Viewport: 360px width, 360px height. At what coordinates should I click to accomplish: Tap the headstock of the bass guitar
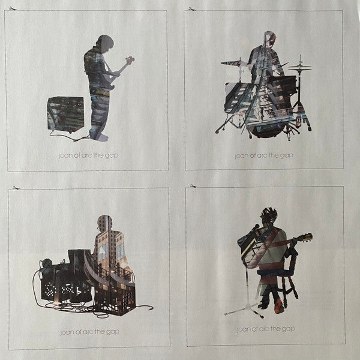point(130,59)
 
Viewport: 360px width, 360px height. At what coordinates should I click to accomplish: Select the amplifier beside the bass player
point(65,114)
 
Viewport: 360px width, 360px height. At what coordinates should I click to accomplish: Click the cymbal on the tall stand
point(299,67)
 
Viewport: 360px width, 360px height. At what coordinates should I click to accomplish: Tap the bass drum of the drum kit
point(268,130)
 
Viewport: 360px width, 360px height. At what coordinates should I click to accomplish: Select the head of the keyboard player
point(104,223)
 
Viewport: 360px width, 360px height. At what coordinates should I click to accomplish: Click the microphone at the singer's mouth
point(256,227)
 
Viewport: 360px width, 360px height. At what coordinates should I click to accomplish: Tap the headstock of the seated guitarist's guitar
point(307,237)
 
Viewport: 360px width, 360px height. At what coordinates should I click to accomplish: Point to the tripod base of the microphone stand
point(245,310)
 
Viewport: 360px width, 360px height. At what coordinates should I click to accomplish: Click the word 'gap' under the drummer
point(287,156)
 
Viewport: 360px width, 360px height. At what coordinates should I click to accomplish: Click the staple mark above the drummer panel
point(192,9)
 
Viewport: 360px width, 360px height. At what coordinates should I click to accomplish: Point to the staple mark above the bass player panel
point(13,9)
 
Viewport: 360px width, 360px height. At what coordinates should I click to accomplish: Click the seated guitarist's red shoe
point(279,306)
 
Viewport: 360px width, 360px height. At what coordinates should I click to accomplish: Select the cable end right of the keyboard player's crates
point(150,308)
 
